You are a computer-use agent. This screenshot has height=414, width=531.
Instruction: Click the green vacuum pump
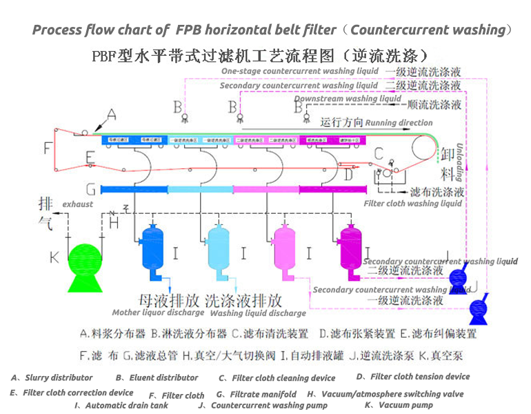(x=86, y=263)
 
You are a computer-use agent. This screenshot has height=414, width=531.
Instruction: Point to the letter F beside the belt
(x=47, y=148)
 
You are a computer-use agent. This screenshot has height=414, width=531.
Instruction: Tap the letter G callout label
(x=90, y=189)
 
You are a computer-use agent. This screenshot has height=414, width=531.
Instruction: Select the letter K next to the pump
(x=54, y=257)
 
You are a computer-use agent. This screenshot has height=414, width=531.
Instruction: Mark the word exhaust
(x=77, y=205)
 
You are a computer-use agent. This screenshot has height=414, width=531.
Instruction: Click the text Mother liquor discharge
(x=159, y=313)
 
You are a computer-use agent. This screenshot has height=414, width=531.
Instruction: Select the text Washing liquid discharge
(x=257, y=313)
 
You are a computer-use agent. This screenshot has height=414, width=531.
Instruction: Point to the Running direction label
(x=399, y=123)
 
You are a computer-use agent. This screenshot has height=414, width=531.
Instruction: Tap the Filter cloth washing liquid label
(x=412, y=204)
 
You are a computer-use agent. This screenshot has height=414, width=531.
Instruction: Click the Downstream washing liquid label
(x=348, y=99)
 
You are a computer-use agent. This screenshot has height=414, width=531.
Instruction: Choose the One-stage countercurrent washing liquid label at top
(x=300, y=72)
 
